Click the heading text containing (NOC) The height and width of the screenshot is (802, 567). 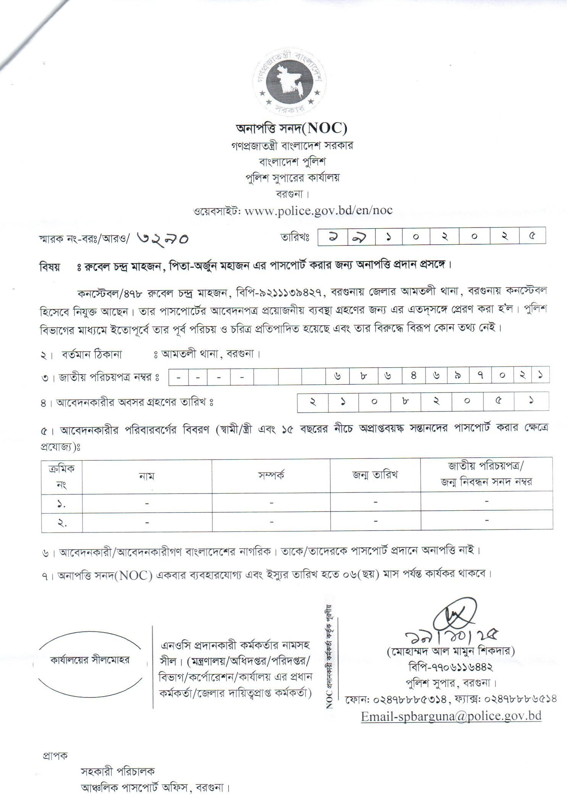click(292, 129)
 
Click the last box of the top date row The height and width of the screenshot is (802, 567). click(532, 236)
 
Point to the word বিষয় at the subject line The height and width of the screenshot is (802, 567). click(50, 266)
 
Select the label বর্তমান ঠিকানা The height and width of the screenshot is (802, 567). click(92, 354)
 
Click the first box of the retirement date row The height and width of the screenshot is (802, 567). click(312, 402)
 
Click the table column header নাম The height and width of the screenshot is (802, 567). click(147, 476)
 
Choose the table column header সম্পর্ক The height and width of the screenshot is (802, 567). click(271, 475)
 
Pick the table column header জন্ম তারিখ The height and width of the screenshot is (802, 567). click(375, 475)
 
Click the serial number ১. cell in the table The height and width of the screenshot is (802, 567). click(61, 504)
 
